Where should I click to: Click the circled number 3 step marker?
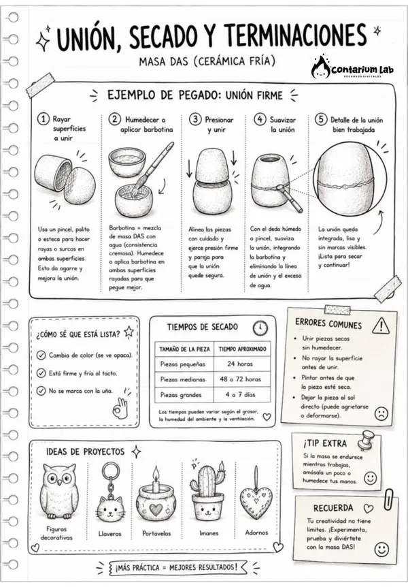click(x=195, y=119)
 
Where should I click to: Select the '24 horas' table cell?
click(x=240, y=364)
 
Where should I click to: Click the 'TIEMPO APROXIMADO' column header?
click(x=242, y=349)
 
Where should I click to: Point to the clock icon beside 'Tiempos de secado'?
click(x=260, y=328)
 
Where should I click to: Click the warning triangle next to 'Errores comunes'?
click(x=381, y=326)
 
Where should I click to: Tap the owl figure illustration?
click(x=59, y=492)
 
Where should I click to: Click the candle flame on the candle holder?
click(x=156, y=473)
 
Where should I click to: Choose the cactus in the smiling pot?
click(x=207, y=481)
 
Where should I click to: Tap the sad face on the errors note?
click(x=381, y=413)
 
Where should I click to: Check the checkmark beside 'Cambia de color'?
click(x=41, y=355)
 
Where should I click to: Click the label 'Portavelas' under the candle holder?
click(x=156, y=533)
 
